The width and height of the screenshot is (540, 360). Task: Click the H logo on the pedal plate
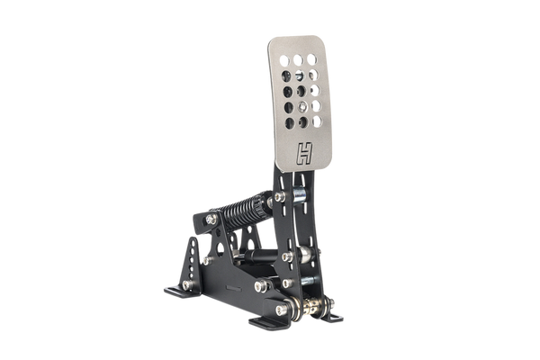[x=304, y=153]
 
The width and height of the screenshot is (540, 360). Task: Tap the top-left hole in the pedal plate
[x=284, y=60]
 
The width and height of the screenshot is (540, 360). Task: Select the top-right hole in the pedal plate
[x=311, y=59]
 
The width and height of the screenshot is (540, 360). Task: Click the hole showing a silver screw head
[x=302, y=107]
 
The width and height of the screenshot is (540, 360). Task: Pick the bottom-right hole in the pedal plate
[x=317, y=121]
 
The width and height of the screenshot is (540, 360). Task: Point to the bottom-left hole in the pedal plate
[x=290, y=123]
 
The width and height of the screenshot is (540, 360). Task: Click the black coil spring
[x=243, y=210]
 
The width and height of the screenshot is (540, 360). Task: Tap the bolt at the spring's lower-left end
[x=211, y=219]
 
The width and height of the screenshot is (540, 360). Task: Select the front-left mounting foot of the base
[x=182, y=292]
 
